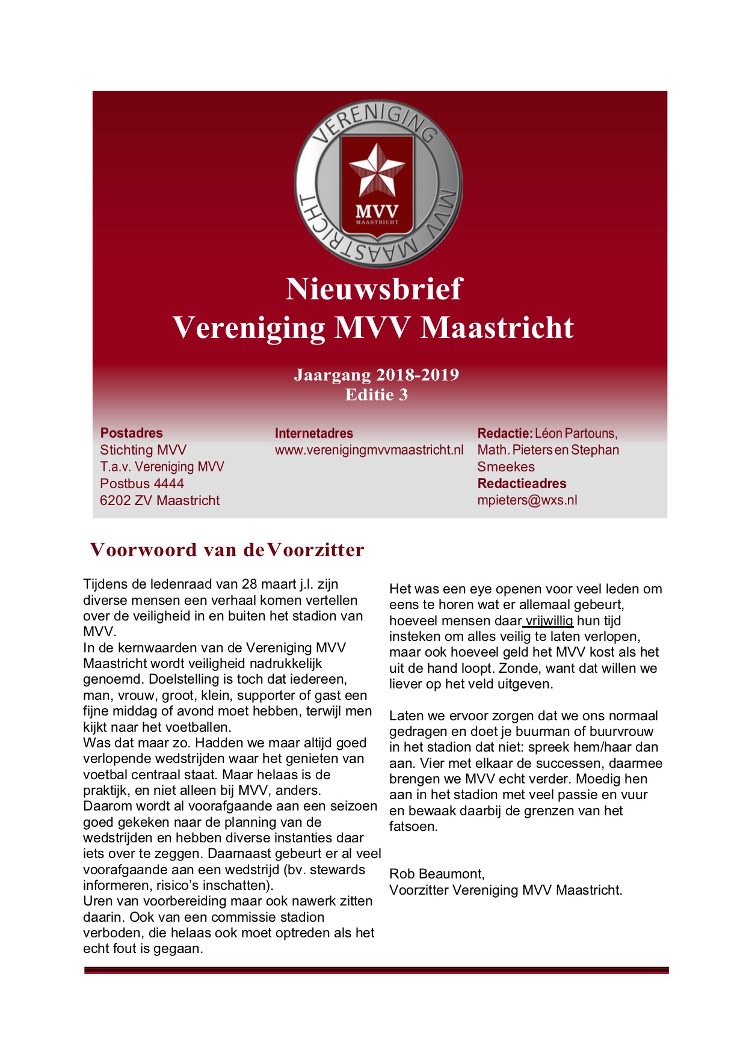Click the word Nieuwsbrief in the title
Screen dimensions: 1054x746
(374, 289)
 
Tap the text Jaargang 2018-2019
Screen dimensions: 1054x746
(376, 375)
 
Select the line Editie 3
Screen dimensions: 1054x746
(376, 394)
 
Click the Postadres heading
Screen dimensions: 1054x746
(131, 433)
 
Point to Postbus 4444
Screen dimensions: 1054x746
(142, 483)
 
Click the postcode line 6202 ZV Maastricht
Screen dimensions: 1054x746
(159, 500)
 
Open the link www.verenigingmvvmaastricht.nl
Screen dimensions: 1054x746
(369, 450)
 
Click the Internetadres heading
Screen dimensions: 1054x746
(313, 433)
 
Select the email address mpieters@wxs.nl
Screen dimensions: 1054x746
(527, 500)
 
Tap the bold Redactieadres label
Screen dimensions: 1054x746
(522, 483)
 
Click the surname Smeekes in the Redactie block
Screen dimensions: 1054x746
(505, 467)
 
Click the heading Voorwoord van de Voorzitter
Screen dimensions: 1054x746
(227, 550)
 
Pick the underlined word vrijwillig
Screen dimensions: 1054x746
(549, 620)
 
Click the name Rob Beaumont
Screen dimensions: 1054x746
(436, 874)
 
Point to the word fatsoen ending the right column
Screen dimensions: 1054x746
(413, 826)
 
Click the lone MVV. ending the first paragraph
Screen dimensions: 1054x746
(99, 632)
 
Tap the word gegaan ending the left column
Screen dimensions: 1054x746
(181, 948)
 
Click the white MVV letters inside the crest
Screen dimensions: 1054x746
(377, 212)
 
